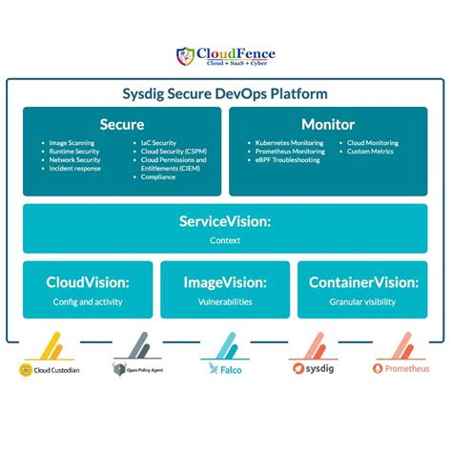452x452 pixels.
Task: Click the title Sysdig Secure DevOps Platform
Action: tap(225, 93)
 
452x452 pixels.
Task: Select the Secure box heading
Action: tap(122, 124)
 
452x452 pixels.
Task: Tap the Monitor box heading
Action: tap(328, 124)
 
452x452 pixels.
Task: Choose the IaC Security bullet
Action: tap(156, 143)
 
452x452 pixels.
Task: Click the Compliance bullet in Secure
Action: tap(156, 176)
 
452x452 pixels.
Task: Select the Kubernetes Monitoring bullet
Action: tap(289, 143)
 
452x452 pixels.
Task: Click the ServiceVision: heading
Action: tap(225, 221)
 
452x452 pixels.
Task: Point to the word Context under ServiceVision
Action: tap(225, 240)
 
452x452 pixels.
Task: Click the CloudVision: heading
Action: tap(87, 281)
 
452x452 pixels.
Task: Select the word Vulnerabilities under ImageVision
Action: tap(225, 301)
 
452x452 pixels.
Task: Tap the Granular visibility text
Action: tap(362, 301)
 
